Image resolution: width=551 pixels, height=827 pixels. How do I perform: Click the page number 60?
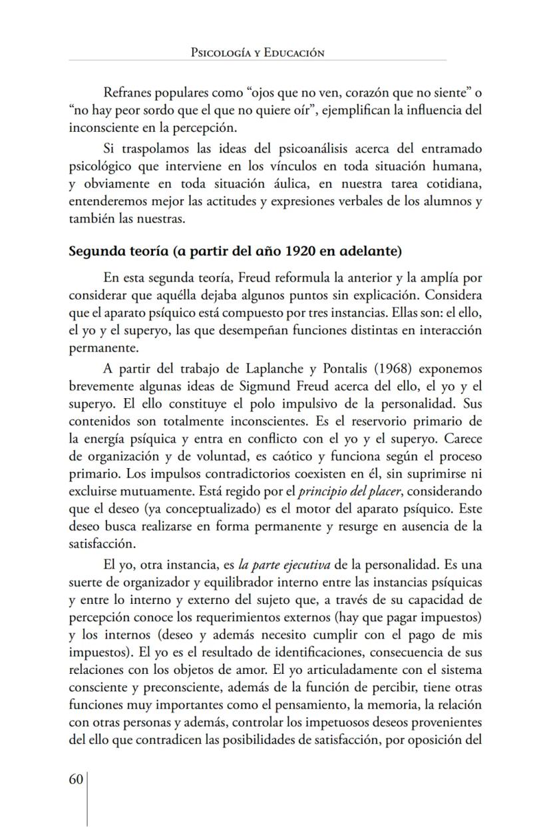pyautogui.click(x=75, y=780)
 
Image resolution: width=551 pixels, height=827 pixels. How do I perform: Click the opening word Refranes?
pyautogui.click(x=128, y=93)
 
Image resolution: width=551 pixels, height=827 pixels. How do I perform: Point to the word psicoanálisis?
pyautogui.click(x=299, y=146)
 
